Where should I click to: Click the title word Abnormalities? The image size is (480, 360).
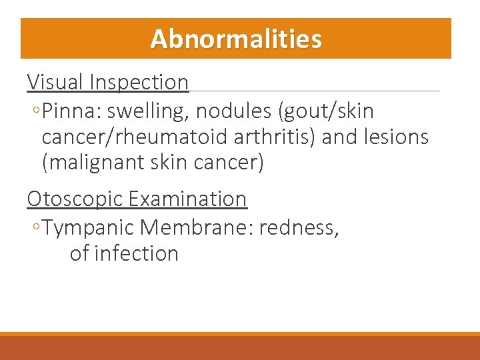click(x=236, y=39)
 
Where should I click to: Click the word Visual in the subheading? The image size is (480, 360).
click(x=55, y=82)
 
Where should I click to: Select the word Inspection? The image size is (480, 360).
click(x=139, y=82)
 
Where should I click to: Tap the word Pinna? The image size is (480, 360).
click(x=69, y=111)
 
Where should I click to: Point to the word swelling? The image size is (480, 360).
click(x=142, y=111)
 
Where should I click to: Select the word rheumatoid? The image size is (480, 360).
click(x=174, y=137)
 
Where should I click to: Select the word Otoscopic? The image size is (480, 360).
click(x=75, y=199)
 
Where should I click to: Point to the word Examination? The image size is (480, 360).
click(x=187, y=199)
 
